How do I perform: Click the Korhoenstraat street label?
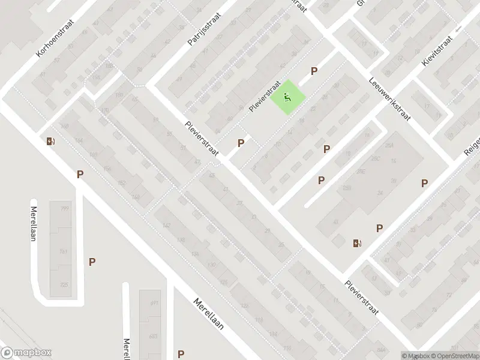(x=55, y=40)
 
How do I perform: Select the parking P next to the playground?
(x=314, y=71)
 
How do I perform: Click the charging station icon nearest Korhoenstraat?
(x=50, y=142)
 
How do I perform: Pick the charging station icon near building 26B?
(x=358, y=243)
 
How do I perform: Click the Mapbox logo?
(x=26, y=353)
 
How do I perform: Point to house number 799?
(x=65, y=208)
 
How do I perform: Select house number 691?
(x=154, y=303)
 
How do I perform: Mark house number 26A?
(x=389, y=146)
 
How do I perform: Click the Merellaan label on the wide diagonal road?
(x=208, y=314)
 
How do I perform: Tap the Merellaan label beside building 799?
(x=34, y=223)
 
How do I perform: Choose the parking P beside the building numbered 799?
(x=92, y=262)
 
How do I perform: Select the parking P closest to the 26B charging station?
(x=379, y=228)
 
